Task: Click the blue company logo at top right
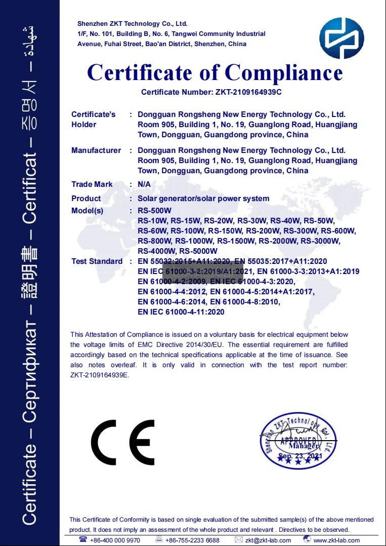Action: click(x=341, y=38)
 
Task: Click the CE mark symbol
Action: click(x=123, y=442)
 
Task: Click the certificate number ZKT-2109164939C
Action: click(x=245, y=92)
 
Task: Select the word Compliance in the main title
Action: click(x=284, y=72)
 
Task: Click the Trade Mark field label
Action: click(x=92, y=184)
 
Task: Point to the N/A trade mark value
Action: click(x=144, y=184)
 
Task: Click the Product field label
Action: click(x=86, y=199)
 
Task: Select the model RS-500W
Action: click(x=154, y=211)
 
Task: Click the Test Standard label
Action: click(x=97, y=261)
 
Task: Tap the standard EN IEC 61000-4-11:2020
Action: click(x=181, y=312)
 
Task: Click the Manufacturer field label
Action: click(x=96, y=150)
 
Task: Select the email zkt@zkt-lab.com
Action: click(x=268, y=540)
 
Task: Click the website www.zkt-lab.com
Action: click(x=336, y=540)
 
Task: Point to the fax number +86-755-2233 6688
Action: click(x=192, y=540)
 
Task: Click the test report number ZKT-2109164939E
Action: click(x=100, y=375)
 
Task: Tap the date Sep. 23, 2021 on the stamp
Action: click(x=299, y=456)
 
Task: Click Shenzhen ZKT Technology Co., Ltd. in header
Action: click(x=132, y=24)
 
